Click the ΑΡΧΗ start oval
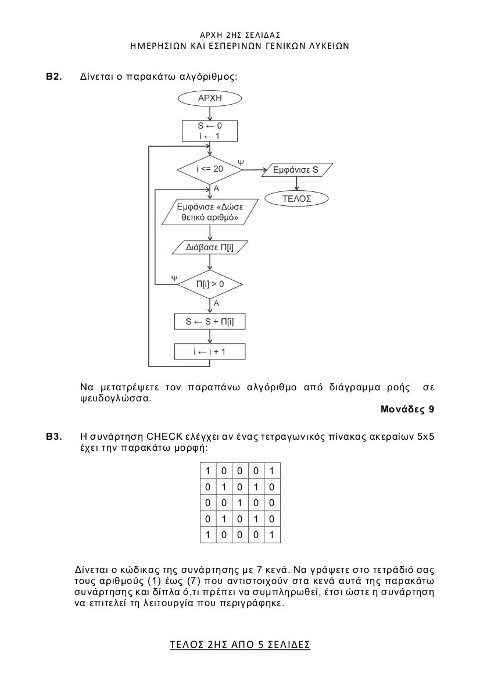(210, 98)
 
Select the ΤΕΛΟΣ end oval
(297, 198)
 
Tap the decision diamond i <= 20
(210, 169)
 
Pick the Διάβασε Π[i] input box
(210, 248)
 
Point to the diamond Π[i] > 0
(210, 284)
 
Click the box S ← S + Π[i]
(210, 321)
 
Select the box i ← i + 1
(210, 352)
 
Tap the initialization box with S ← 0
(210, 130)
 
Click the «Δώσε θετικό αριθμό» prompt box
(210, 212)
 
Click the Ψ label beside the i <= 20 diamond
(241, 162)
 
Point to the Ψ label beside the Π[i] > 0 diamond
(174, 277)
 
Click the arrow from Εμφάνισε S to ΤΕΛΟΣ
(297, 183)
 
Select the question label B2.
(54, 77)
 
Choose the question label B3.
(54, 436)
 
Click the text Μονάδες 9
(407, 409)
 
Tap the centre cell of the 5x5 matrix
(240, 503)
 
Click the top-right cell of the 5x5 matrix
(272, 471)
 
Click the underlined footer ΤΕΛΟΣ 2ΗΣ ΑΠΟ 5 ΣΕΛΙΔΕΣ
(240, 645)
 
